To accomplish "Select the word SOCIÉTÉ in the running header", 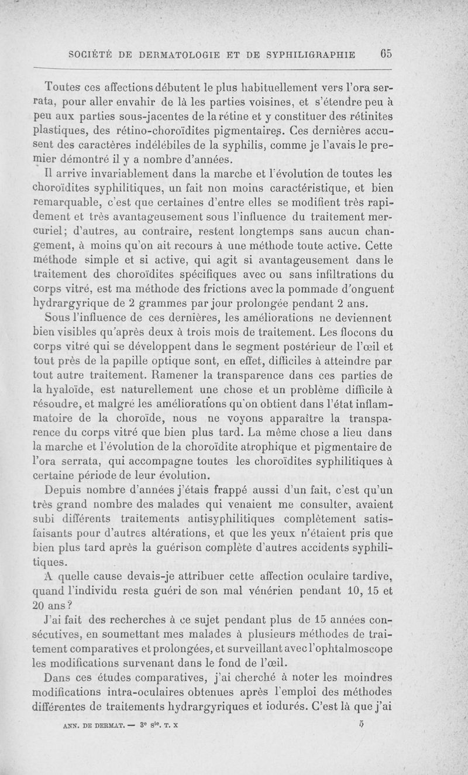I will [93, 55].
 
